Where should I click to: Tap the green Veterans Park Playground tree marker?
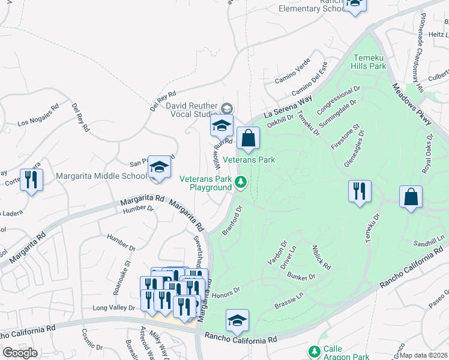[241, 182]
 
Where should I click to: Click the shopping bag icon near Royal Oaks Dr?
[411, 197]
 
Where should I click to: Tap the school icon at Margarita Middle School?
[160, 167]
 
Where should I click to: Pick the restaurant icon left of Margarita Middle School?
[31, 179]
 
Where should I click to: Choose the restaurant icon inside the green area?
[359, 191]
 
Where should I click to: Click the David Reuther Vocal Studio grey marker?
[226, 109]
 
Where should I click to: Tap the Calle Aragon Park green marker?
[313, 351]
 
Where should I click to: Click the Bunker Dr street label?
[302, 277]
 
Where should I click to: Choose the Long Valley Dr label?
[113, 308]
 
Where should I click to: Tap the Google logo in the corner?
[20, 353]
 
